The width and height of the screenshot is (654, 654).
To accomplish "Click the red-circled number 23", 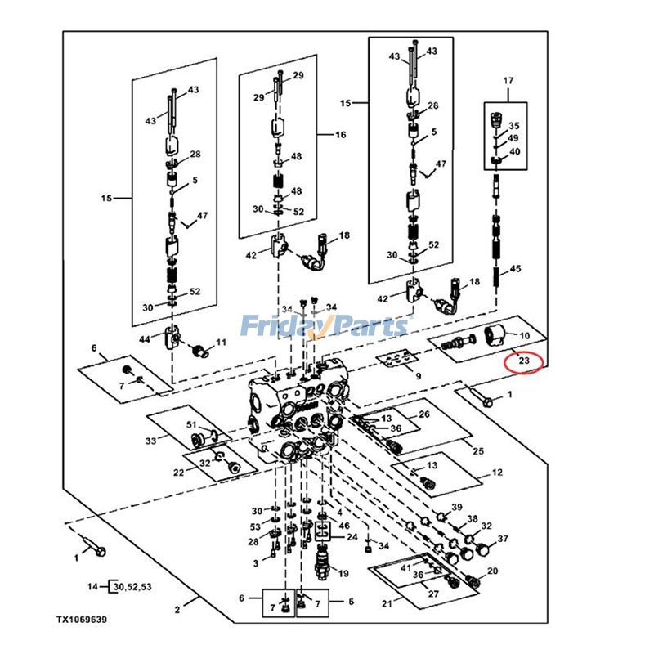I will [x=524, y=361].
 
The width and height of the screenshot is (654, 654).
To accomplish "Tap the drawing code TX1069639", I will [x=82, y=620].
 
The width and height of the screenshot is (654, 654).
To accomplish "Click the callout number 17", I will [x=508, y=80].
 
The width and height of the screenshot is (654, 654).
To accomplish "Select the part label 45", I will [x=515, y=269].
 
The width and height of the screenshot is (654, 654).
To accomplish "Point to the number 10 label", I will [x=524, y=336].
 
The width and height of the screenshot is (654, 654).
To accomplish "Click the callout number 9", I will [x=418, y=376].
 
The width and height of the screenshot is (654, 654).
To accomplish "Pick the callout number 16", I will [x=341, y=134].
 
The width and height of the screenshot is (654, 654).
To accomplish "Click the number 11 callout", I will [x=221, y=343].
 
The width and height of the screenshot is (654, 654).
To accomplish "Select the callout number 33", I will [x=150, y=441].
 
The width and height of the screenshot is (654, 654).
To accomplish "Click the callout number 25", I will [x=478, y=450].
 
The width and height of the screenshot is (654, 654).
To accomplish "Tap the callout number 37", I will [x=503, y=539].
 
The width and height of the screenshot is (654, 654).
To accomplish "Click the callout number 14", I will [x=92, y=586].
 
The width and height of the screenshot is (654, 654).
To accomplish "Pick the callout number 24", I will [x=352, y=537].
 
